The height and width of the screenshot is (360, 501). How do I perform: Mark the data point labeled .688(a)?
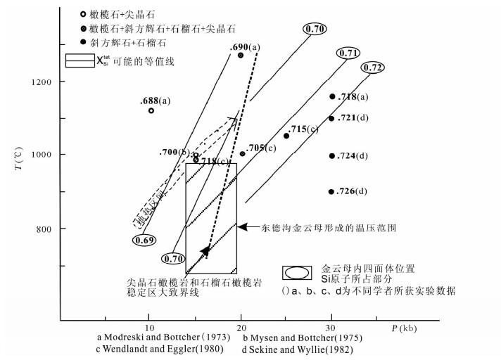click(151, 110)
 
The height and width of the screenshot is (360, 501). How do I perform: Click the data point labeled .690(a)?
click(241, 55)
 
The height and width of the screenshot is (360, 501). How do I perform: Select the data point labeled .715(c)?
click(286, 136)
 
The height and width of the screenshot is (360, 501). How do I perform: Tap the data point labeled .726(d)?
click(331, 192)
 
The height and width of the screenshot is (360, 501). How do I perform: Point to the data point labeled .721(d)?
click(331, 118)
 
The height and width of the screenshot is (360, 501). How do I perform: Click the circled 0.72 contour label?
click(374, 67)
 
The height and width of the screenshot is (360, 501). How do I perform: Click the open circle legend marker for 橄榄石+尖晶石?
click(83, 14)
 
